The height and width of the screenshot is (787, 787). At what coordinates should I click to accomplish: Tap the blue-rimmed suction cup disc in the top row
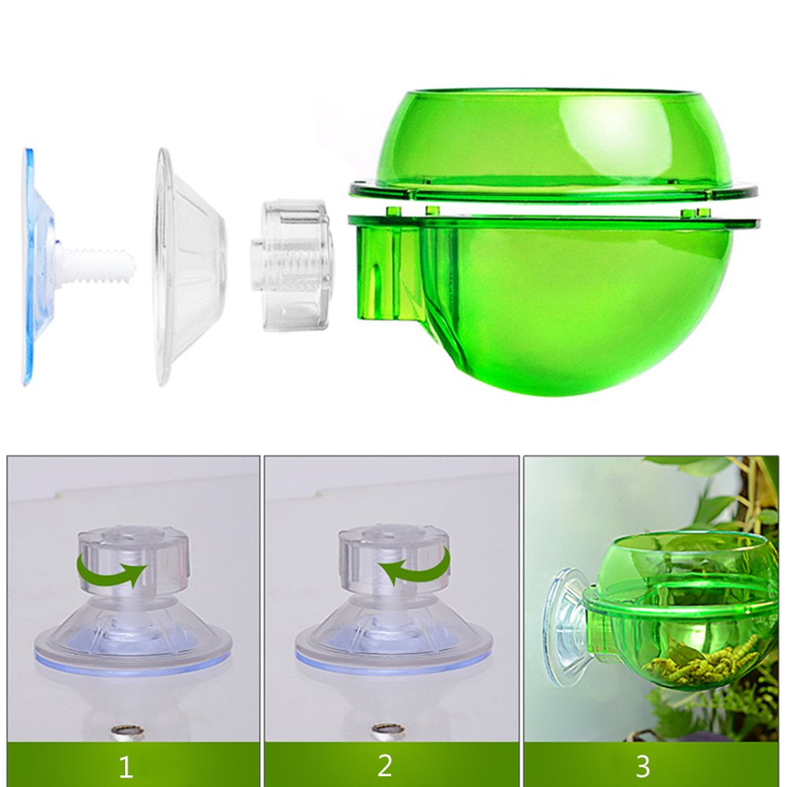35,268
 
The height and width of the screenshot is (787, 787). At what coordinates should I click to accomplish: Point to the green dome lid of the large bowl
551,142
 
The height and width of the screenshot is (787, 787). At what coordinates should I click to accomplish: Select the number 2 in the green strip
384,765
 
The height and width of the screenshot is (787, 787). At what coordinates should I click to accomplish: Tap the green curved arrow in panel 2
417,566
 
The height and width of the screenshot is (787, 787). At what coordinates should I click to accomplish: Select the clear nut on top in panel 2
393,556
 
